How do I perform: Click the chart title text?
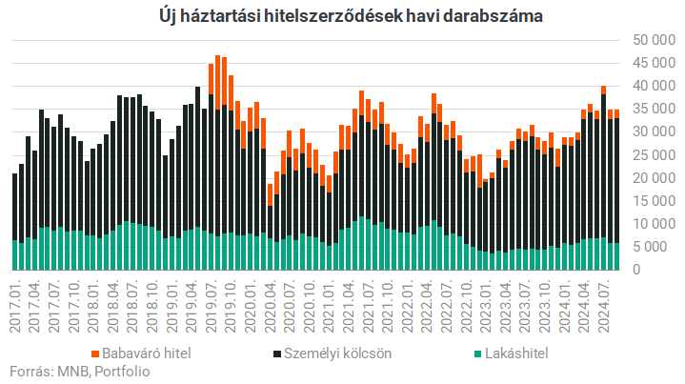pyautogui.click(x=342, y=16)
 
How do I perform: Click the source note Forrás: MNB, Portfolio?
pyautogui.click(x=78, y=372)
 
